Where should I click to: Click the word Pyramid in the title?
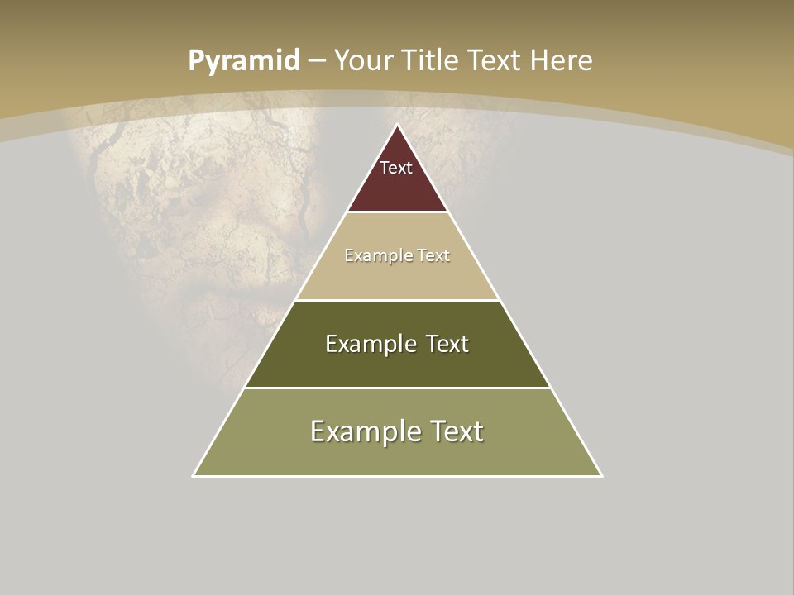click(x=244, y=61)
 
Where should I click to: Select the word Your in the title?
click(x=363, y=61)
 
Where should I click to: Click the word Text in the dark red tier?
click(x=396, y=168)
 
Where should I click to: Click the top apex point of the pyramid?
click(x=398, y=126)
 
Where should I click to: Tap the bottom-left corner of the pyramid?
click(x=194, y=475)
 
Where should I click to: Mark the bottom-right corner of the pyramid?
click(x=601, y=475)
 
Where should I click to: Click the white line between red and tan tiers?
click(x=398, y=212)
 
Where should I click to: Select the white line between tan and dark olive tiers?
click(x=398, y=300)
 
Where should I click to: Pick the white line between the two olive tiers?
click(x=398, y=388)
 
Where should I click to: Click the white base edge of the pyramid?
click(x=398, y=476)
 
